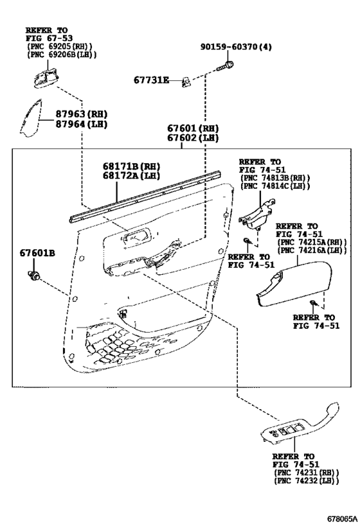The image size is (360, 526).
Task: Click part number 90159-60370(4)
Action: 236,47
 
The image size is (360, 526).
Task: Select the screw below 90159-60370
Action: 226,66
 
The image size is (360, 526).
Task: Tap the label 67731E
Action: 152,80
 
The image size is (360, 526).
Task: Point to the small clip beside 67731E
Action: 186,82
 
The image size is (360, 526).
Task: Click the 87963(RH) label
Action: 81,114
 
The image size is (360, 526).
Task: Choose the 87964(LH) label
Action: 81,124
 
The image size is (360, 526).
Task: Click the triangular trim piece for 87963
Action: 30,118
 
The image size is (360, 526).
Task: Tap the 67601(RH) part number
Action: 193,128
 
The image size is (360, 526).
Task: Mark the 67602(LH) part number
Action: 193,138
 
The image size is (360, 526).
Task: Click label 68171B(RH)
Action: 131,166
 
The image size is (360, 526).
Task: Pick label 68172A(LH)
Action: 131,175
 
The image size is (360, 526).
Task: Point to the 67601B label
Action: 37,252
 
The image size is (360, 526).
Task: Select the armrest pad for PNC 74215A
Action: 294,283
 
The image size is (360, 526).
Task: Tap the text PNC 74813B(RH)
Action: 275,178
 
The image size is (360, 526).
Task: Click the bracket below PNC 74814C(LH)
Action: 257,214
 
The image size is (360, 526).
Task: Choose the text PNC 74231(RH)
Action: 307,473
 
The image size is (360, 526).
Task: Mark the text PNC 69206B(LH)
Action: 62,55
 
